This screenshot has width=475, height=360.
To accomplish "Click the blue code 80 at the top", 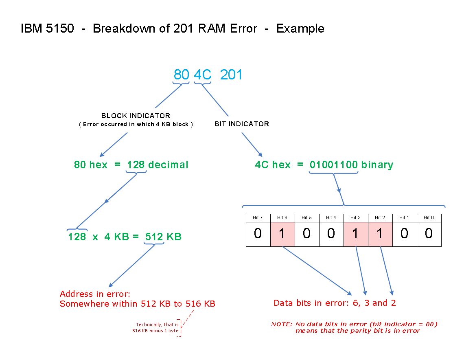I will [182, 75].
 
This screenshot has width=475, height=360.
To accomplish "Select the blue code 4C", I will [202, 75].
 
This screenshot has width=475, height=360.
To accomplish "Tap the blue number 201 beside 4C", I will [231, 75].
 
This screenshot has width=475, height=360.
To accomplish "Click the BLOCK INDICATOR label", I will [136, 116].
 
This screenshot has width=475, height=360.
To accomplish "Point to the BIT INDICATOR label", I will [242, 124].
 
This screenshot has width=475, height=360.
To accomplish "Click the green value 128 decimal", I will [158, 165].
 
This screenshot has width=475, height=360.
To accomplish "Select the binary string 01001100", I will [333, 165].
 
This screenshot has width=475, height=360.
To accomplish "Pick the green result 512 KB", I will [163, 237].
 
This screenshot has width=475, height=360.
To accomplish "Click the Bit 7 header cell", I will [258, 217].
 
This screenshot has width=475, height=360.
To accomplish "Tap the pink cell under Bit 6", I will [282, 234].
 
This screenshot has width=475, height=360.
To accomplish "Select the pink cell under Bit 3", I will [356, 234].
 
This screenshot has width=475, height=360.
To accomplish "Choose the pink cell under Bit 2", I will [380, 234].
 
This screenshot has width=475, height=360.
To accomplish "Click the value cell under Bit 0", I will [429, 234].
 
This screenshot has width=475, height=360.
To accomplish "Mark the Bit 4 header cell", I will [331, 217].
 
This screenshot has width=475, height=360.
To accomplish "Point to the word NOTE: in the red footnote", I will [281, 324].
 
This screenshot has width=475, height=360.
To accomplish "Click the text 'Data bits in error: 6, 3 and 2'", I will [335, 303].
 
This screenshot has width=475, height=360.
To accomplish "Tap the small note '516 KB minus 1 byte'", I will [155, 331].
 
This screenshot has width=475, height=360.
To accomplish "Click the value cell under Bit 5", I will [307, 234].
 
